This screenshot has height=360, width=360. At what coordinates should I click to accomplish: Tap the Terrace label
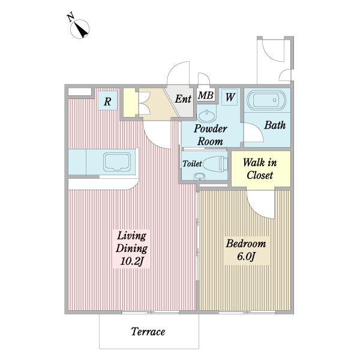(148, 332)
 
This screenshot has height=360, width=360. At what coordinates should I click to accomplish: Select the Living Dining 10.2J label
(131, 248)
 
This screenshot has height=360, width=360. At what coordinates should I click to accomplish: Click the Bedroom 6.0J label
(246, 250)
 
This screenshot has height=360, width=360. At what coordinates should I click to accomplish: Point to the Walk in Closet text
(260, 169)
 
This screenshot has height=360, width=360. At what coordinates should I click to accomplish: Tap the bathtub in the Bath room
(266, 100)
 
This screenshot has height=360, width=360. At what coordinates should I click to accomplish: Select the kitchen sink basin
(117, 161)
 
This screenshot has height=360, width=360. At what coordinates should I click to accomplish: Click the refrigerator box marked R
(107, 101)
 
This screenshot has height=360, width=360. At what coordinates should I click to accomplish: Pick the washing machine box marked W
(230, 97)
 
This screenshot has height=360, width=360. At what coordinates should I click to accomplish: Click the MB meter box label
(206, 95)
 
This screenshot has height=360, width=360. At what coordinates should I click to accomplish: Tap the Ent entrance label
(183, 99)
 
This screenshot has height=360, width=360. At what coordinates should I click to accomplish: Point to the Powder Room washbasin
(207, 115)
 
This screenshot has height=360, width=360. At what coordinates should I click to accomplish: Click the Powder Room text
(211, 135)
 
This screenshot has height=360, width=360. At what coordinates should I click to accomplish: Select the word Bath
(275, 125)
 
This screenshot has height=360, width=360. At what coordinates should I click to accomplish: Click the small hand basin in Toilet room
(199, 176)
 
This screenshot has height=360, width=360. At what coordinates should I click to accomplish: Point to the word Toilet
(192, 163)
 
